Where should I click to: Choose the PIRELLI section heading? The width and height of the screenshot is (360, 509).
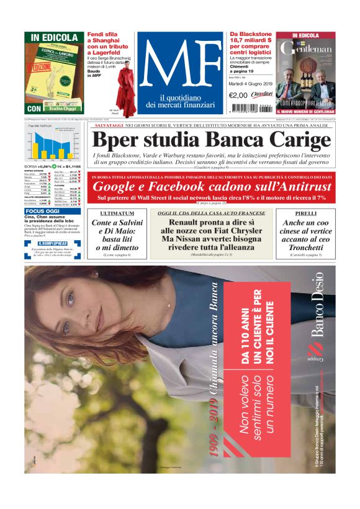tap(306, 213)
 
